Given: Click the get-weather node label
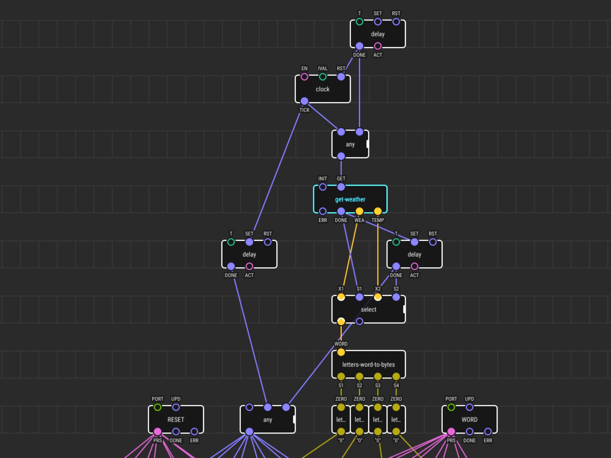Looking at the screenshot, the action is [x=350, y=199].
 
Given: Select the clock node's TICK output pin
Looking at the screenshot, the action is [x=304, y=101].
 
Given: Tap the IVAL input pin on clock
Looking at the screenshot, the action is [x=323, y=77].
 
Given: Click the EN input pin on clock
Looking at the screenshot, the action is [x=304, y=77].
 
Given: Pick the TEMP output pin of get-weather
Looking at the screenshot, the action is [x=378, y=211].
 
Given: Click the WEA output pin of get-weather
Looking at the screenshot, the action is [x=359, y=211].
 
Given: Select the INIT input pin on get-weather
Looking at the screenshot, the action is [x=323, y=187].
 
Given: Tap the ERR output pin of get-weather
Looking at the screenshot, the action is [x=323, y=211].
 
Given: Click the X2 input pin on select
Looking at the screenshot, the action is [x=378, y=297].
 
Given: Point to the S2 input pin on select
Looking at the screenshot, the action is [x=396, y=297].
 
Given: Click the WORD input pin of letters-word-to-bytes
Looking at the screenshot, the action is [x=341, y=352].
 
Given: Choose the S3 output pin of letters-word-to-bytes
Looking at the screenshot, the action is [x=378, y=376].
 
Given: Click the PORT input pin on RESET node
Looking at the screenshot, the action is [x=157, y=407].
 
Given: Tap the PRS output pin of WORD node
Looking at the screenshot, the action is [x=451, y=432].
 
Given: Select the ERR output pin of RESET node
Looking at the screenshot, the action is [x=194, y=432].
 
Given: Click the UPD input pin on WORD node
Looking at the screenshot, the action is [x=469, y=407].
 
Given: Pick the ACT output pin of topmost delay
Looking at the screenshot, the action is [x=378, y=46].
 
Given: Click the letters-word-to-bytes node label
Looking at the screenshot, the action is [x=368, y=365].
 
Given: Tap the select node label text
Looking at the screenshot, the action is [x=368, y=309].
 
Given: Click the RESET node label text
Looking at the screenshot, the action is [x=176, y=420].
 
